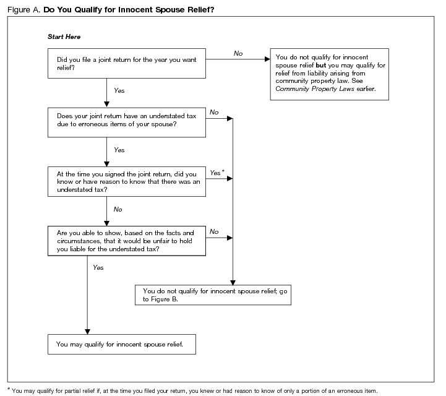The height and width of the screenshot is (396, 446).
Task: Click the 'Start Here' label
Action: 64,37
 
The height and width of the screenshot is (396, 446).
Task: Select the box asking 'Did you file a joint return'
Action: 127,64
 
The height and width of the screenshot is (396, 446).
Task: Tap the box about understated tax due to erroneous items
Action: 127,121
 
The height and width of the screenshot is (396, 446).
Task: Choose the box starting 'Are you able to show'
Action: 127,240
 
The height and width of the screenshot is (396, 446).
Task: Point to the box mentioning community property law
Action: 330,74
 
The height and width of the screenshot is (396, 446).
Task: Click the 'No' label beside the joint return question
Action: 238,54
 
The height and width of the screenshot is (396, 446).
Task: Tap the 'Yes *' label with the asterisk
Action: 217,173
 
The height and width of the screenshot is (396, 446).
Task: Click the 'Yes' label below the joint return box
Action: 119,91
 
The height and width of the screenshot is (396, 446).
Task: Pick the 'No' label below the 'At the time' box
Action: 118,209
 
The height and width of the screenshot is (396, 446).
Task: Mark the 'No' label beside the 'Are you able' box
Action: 214,231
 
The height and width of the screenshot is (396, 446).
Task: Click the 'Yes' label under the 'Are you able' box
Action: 98,267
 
